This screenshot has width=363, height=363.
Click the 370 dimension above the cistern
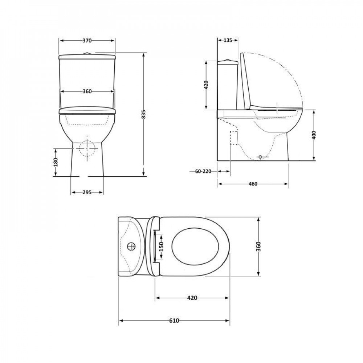87,41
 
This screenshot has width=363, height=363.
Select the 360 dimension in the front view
87,91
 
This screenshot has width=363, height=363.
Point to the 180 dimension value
56,162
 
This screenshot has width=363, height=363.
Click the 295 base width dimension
87,192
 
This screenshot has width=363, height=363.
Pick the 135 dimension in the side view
228,40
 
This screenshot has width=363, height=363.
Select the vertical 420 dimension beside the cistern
206,85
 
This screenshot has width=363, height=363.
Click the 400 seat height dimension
314,135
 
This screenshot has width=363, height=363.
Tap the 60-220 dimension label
203,171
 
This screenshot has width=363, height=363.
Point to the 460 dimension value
253,184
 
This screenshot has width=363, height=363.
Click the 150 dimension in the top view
161,247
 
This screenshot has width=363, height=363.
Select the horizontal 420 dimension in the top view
192,298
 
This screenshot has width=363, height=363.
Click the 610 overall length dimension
174,321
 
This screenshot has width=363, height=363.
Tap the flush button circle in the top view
131,247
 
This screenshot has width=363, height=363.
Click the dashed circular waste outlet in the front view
87,148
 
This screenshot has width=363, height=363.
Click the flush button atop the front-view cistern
87,53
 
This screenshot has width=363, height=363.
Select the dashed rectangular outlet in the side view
234,138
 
